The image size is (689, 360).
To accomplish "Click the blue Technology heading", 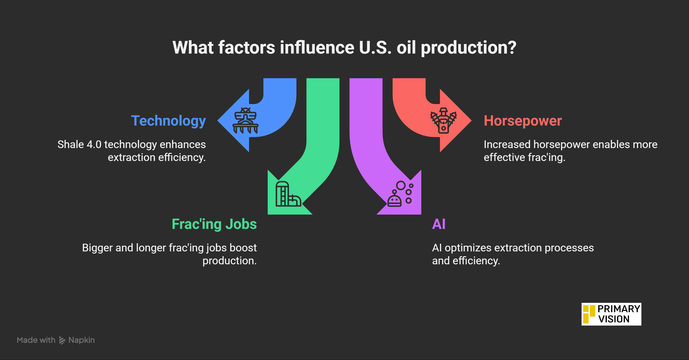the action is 168,121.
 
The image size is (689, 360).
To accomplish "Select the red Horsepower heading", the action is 523,121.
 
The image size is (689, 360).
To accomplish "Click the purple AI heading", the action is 439,224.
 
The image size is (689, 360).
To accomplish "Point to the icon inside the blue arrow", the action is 245,120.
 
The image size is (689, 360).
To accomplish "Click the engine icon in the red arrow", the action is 444,120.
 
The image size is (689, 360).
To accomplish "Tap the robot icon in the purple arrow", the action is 400,194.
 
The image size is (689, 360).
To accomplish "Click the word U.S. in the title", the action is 375,48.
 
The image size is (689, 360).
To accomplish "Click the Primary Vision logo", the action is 611,314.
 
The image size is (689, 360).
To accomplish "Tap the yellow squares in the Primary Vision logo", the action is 589,314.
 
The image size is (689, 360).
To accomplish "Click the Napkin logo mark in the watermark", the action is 62,340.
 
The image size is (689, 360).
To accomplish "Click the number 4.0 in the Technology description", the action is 94,144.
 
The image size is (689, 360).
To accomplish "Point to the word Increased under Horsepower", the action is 507,144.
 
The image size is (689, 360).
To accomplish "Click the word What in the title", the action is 193,48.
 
